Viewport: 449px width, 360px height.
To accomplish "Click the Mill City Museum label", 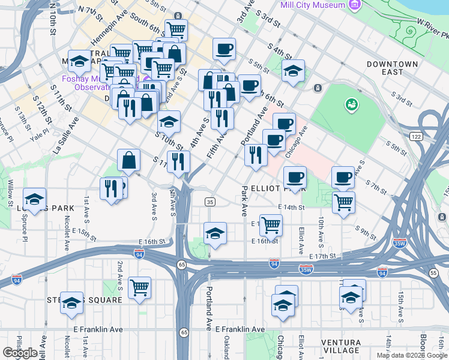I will point(313,5).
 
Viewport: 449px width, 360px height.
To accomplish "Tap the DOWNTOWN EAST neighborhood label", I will point(392,68).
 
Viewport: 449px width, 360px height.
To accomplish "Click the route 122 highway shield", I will point(415,137).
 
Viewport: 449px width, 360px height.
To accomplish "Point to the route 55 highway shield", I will point(434,273).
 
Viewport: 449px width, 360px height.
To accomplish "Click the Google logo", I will point(20,353).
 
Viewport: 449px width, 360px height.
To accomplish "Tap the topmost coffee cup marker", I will point(224,49).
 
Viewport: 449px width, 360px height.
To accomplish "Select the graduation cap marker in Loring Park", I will point(35,199).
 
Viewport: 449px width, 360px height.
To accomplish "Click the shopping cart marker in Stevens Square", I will point(139,288).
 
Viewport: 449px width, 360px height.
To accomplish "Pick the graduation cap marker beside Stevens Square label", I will point(71,302).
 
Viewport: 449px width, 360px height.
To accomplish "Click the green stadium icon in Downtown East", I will point(351,106).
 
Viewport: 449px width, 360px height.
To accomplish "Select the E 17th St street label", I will point(320,256).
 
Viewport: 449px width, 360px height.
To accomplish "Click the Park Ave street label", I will point(244,201).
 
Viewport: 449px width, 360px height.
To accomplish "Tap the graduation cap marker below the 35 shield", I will point(215,233).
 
